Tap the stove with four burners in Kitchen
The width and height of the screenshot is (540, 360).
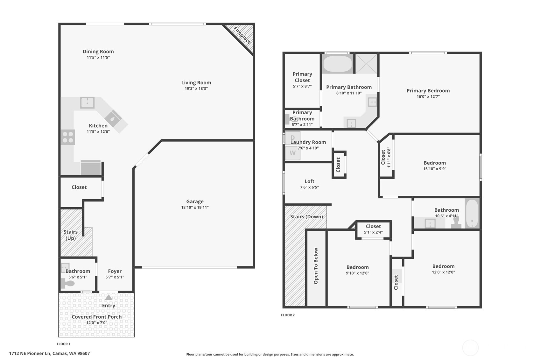point(68,137)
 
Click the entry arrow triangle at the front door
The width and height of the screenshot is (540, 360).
point(109,298)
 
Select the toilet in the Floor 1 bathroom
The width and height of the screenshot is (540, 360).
point(67,283)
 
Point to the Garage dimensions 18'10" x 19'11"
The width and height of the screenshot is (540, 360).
point(195,207)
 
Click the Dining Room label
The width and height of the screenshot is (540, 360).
point(98,52)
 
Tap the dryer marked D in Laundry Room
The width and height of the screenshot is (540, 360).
point(292,138)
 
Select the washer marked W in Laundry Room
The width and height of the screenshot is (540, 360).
point(292,153)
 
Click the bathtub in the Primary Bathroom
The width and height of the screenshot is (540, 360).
point(337,64)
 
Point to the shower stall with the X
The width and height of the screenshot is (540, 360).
point(366,64)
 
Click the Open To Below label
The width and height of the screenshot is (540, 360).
point(316,266)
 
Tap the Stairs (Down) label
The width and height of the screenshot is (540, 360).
point(306,217)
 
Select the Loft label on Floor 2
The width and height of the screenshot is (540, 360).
point(309,181)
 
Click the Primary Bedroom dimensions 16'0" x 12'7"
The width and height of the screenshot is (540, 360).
point(428,96)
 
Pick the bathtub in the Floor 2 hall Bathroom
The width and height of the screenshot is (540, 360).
point(472,213)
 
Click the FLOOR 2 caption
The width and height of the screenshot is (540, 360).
point(288,315)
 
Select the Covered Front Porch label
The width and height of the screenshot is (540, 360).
point(96,317)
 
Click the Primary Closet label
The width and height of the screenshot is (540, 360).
point(302,77)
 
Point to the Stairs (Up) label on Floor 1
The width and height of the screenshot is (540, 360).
point(71,235)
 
